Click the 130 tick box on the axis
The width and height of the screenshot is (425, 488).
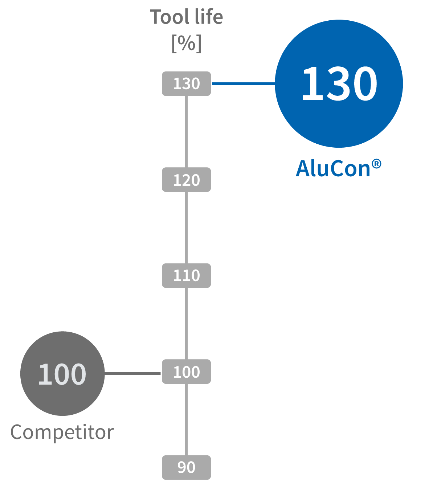186,84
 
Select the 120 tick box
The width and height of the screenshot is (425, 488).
186,180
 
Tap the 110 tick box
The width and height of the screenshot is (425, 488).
186,275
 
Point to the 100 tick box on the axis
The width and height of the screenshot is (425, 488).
186,372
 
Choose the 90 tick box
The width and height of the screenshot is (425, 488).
186,467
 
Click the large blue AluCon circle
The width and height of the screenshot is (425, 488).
339,84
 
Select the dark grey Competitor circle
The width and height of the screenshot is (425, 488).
62,373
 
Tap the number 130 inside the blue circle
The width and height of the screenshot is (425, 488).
340,84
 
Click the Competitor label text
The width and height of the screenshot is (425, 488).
62,432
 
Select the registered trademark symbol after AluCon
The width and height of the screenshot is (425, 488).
376,164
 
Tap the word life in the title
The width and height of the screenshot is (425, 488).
209,16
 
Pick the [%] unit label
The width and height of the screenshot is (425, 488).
187,44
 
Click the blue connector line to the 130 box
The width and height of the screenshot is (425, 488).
244,84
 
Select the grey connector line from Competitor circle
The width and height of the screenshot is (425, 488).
132,373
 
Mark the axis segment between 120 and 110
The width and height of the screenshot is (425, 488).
186,227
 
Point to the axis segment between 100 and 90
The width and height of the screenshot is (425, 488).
186,419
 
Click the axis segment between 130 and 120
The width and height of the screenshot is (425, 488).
186,132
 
